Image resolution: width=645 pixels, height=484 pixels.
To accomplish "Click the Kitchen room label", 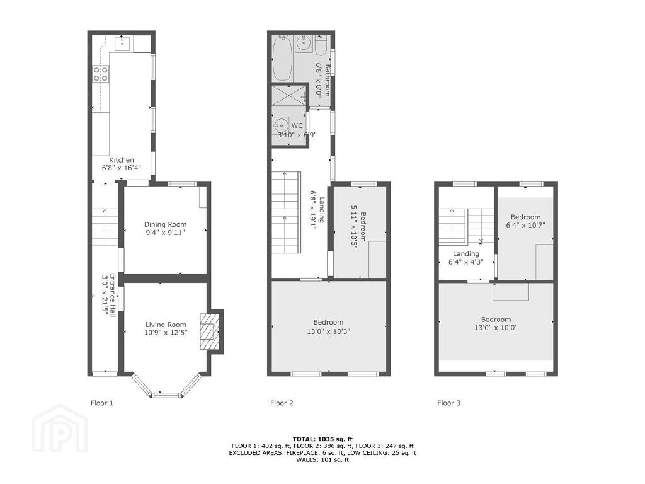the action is (x=122, y=159).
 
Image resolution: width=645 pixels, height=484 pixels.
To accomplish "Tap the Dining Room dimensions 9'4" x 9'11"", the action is (x=165, y=233).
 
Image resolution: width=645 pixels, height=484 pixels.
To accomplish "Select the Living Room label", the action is (x=166, y=325).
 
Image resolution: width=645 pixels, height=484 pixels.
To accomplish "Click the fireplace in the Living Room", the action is (x=210, y=331).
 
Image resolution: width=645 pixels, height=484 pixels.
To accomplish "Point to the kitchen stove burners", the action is (x=101, y=74).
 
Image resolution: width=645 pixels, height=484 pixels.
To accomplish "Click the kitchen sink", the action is (x=123, y=43).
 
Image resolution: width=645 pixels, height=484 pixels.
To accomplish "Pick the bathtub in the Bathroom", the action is (x=283, y=58).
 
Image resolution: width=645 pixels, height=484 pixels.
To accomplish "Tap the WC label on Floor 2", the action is (x=297, y=125).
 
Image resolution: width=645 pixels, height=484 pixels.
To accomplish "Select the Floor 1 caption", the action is (x=101, y=403).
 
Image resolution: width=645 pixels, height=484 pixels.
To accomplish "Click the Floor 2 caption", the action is (x=282, y=403).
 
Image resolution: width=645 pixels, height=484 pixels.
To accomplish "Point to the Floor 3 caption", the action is (x=448, y=403).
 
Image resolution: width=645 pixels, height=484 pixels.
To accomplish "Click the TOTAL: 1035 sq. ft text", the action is (x=322, y=439).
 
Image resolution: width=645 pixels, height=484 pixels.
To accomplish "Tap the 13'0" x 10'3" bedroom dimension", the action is (x=328, y=331).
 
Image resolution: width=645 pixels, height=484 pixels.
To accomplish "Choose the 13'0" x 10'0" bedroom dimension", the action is (x=496, y=328).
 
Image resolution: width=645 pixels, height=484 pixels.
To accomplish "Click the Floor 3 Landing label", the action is (x=465, y=253).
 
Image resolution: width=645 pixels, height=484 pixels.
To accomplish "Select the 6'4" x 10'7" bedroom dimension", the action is (x=526, y=225).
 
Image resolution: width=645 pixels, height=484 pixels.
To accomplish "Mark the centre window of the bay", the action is (x=166, y=396).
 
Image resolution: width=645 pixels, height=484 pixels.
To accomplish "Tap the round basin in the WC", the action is (x=282, y=124).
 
